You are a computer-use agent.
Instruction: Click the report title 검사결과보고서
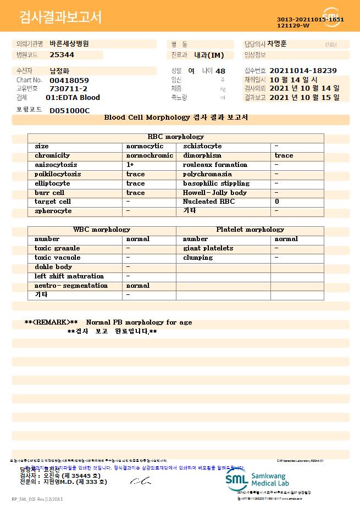pyautogui.click(x=60, y=18)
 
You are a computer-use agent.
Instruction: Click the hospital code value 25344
pyautogui.click(x=62, y=55)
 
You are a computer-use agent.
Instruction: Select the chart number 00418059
pyautogui.click(x=69, y=80)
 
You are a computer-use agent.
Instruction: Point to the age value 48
pyautogui.click(x=220, y=71)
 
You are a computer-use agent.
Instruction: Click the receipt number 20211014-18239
pyautogui.click(x=303, y=71)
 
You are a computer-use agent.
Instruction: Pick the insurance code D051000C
pyautogui.click(x=69, y=110)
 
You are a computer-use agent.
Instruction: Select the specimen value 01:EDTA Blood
pyautogui.click(x=73, y=98)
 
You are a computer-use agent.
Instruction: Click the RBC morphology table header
pyautogui.click(x=176, y=137)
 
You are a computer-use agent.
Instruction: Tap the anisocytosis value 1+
pyautogui.click(x=130, y=165)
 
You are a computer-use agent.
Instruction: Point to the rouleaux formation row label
pyautogui.click(x=215, y=165)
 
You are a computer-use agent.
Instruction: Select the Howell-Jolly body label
pyautogui.click(x=214, y=193)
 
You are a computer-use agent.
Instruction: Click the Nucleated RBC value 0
pyautogui.click(x=276, y=202)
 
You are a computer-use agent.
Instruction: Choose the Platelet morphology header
pyautogui.click(x=250, y=230)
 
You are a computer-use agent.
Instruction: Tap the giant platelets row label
pyautogui.click(x=208, y=248)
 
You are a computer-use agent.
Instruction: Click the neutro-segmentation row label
pyautogui.click(x=71, y=286)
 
